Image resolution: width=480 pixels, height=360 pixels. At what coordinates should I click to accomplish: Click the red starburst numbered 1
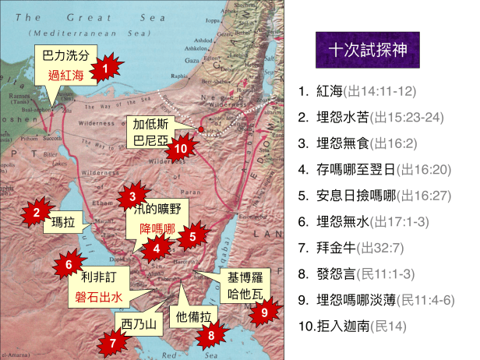pyautogui.click(x=103, y=68)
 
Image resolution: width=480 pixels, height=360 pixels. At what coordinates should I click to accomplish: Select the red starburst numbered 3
pyautogui.click(x=133, y=197)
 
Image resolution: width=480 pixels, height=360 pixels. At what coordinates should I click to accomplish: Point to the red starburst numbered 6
pyautogui.click(x=69, y=264)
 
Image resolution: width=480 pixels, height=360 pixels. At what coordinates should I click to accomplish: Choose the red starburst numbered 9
pyautogui.click(x=265, y=312)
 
